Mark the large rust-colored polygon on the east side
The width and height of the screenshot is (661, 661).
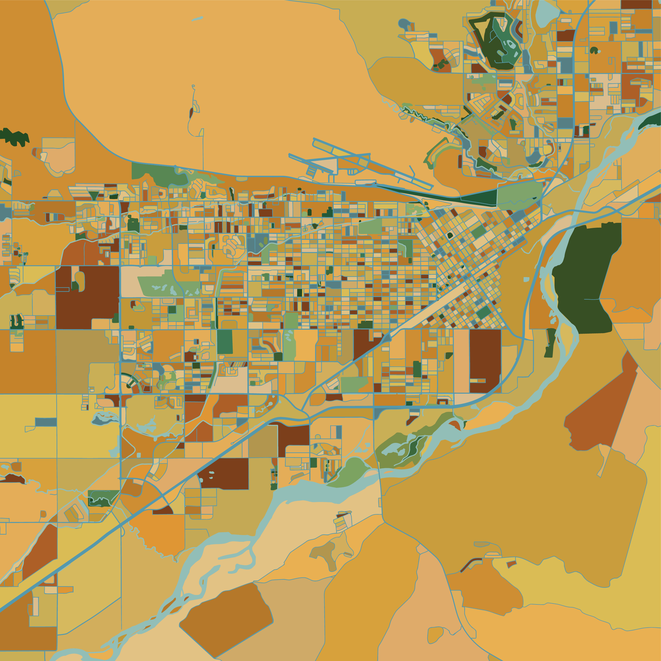[595, 411]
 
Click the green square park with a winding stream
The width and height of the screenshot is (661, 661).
[103, 498]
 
